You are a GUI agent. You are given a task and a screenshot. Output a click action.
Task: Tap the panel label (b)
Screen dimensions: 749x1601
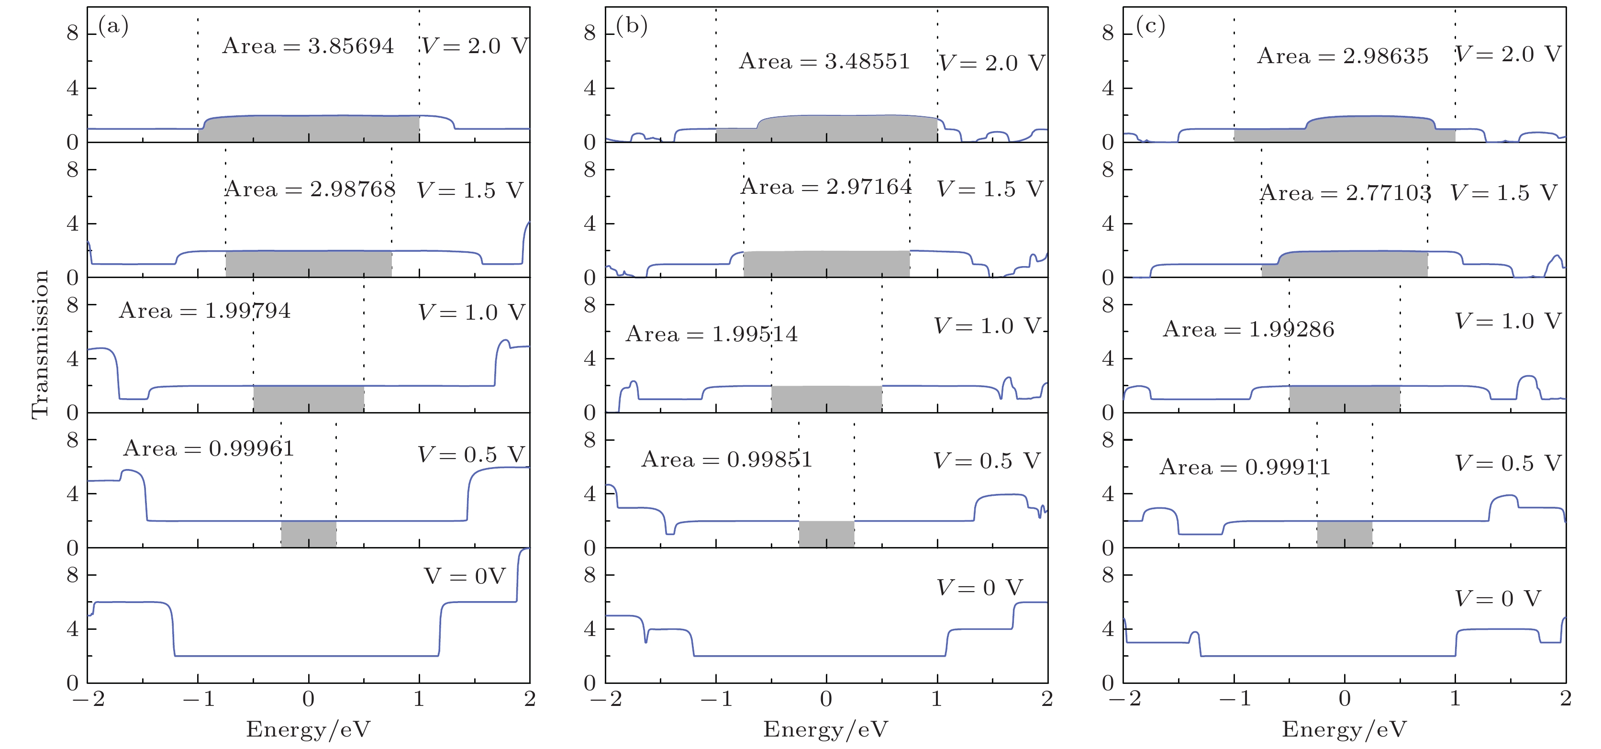(x=632, y=26)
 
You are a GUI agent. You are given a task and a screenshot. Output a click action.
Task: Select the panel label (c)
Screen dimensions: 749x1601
(x=1150, y=26)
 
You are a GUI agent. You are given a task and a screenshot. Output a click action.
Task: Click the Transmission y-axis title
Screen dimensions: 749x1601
(x=40, y=345)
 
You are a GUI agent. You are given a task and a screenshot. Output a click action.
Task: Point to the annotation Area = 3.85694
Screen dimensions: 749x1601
(x=308, y=46)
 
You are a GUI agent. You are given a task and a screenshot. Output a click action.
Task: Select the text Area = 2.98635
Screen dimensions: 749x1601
(x=1343, y=56)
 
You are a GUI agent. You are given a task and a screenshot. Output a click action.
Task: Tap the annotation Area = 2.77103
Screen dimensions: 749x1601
(x=1345, y=193)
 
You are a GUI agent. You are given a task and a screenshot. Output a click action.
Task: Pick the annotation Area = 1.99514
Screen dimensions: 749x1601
(x=712, y=335)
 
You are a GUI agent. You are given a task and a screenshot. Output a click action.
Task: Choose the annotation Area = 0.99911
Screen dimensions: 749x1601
(x=1245, y=467)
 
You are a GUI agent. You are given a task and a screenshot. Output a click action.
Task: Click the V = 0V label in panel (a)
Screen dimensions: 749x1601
(x=465, y=576)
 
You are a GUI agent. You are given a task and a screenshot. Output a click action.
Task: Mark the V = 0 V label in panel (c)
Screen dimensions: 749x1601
(x=1498, y=599)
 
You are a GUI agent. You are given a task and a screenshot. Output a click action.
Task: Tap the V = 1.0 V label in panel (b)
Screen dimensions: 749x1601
(x=987, y=326)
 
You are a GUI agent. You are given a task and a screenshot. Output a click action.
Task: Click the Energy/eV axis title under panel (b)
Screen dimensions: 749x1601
(x=826, y=729)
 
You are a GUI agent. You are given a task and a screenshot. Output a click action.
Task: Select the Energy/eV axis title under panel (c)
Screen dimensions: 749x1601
(x=1345, y=729)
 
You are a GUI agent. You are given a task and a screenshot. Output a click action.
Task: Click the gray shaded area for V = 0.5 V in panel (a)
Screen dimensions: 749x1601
(x=309, y=534)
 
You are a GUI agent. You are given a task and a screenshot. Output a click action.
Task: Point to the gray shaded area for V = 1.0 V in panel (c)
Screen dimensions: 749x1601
(x=1345, y=399)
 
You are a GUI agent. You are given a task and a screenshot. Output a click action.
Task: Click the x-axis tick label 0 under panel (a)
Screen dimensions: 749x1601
(x=308, y=699)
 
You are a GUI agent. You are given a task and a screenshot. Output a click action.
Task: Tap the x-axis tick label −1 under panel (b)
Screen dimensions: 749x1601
(x=718, y=699)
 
